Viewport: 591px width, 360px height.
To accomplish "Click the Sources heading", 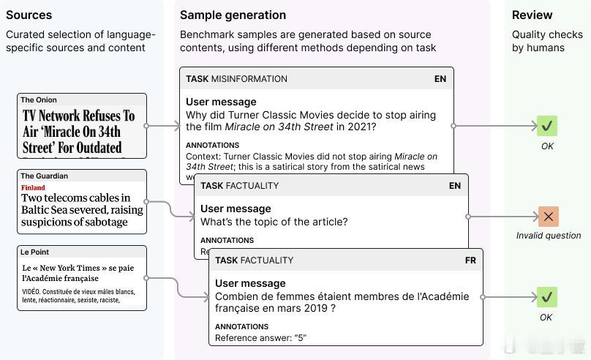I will [x=29, y=15].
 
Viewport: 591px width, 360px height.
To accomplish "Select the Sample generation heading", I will [x=233, y=15].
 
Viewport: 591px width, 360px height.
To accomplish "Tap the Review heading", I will [x=532, y=15].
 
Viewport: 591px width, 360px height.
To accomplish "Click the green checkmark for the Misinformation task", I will [x=547, y=126].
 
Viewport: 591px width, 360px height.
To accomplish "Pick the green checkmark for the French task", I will [x=546, y=297].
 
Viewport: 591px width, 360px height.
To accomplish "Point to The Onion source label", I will [x=39, y=100].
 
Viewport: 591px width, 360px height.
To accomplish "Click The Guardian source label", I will [x=44, y=176].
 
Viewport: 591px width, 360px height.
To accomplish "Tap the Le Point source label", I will [x=34, y=252].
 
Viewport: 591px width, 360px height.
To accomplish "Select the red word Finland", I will [x=33, y=187].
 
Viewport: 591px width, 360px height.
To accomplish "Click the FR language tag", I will [x=470, y=260].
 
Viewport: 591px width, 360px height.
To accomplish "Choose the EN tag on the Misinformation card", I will [x=440, y=79].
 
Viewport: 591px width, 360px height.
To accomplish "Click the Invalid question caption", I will [x=549, y=236].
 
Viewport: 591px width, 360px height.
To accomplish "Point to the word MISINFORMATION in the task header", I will [x=249, y=79].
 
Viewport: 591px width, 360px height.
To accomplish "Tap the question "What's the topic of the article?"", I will [x=274, y=222].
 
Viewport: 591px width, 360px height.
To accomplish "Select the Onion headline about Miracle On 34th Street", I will [x=79, y=131].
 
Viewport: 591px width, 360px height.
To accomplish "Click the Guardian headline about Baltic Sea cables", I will [x=82, y=210].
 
